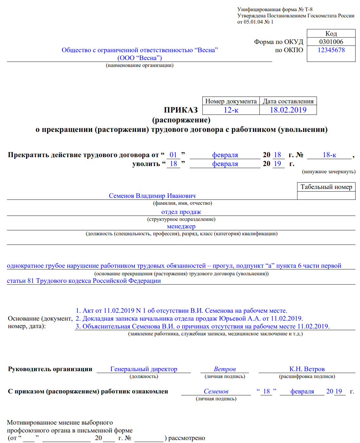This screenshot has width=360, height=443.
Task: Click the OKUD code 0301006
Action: click(x=331, y=42)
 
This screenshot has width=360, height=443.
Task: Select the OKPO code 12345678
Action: click(x=331, y=50)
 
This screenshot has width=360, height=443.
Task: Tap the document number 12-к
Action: click(x=231, y=110)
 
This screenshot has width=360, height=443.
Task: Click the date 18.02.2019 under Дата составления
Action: click(x=288, y=110)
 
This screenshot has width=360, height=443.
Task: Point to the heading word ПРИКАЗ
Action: click(x=181, y=110)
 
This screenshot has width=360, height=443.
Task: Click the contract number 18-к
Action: click(x=329, y=155)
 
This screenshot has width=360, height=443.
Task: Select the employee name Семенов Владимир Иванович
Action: click(x=152, y=196)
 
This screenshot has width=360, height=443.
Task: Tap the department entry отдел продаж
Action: click(x=181, y=212)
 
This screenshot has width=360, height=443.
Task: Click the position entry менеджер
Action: click(x=181, y=226)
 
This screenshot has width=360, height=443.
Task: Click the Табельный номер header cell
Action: click(x=326, y=187)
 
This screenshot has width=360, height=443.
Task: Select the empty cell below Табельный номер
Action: click(x=326, y=196)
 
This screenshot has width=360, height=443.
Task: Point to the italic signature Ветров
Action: click(x=225, y=369)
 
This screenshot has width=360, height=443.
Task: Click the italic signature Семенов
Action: click(x=216, y=391)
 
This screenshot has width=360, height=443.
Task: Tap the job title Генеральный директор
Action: click(x=144, y=369)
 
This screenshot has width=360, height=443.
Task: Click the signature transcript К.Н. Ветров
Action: click(x=307, y=369)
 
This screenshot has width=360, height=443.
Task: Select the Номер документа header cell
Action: click(x=231, y=101)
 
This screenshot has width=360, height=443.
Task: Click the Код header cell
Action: click(x=331, y=33)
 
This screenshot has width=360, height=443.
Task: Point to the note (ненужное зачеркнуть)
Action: click(x=329, y=172)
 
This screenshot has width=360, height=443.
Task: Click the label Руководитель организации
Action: click(x=50, y=369)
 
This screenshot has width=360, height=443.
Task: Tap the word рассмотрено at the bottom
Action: click(x=187, y=438)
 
